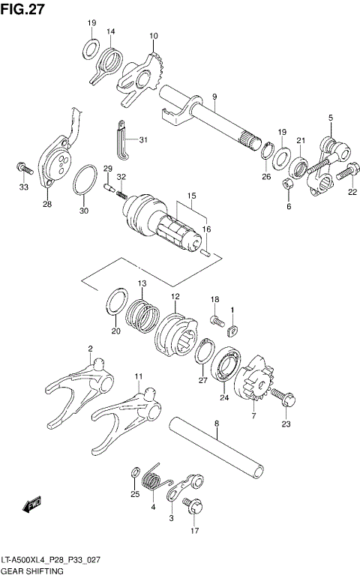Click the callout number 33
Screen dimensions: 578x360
[x=24, y=187]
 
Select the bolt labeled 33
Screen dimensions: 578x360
[x=22, y=165]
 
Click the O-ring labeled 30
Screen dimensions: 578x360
[x=85, y=179]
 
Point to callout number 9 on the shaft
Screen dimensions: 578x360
[x=214, y=97]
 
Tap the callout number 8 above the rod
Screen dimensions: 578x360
[x=216, y=424]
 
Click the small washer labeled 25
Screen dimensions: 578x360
[x=134, y=472]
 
